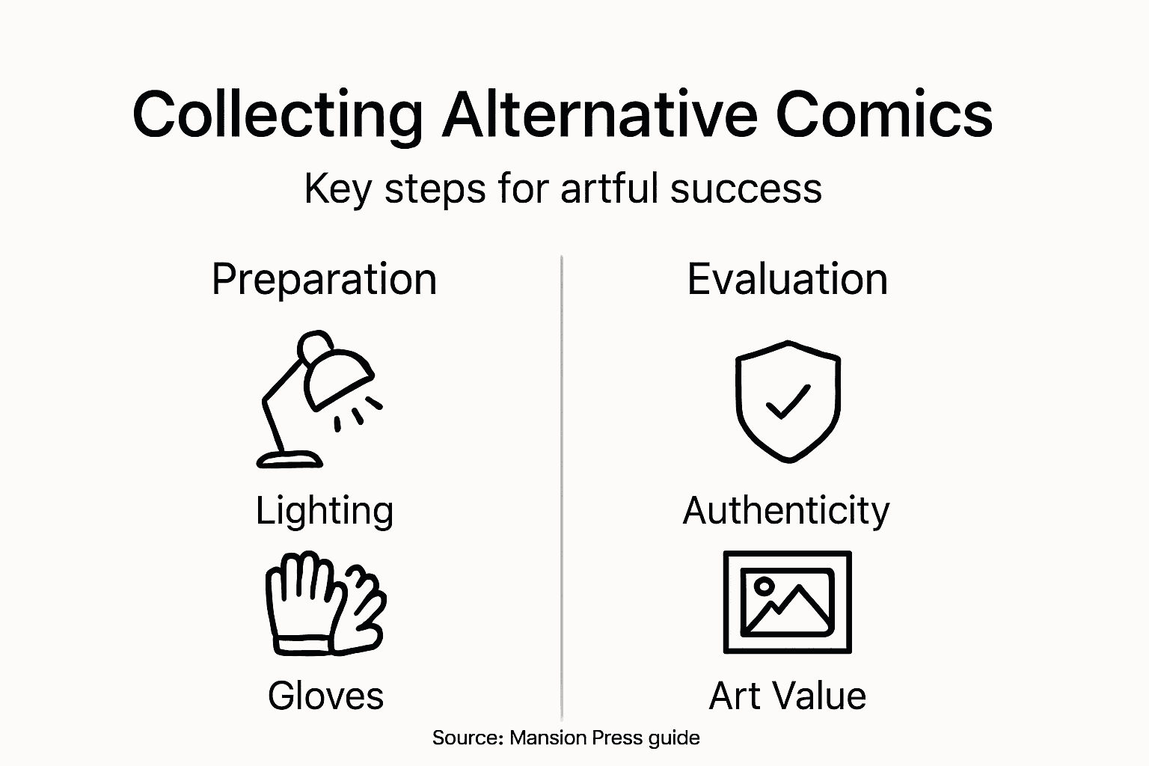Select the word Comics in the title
884,114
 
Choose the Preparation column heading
324,280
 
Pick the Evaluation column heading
787,279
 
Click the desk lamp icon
318,396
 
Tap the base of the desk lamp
289,459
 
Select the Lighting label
325,512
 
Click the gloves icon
325,604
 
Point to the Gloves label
325,696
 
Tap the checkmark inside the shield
788,402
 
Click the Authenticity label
786,511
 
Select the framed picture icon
787,602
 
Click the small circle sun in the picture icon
763,586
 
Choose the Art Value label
787,696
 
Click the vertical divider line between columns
562,486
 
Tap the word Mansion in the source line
548,738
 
